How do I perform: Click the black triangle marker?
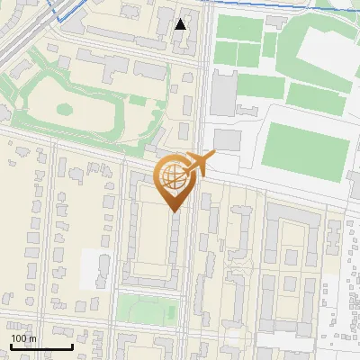pyautogui.click(x=181, y=24)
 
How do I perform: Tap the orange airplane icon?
pyautogui.click(x=198, y=165)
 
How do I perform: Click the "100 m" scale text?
pyautogui.click(x=23, y=337)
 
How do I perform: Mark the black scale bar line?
pyautogui.click(x=41, y=347)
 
